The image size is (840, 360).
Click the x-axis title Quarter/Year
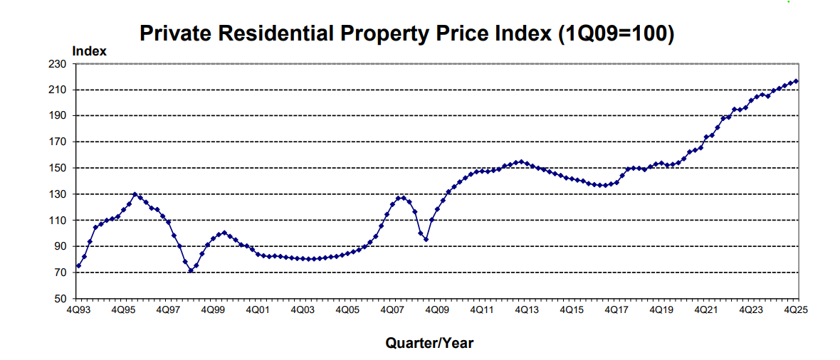[429, 343]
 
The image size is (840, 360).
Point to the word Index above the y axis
[89, 51]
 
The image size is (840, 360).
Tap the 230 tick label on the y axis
[58, 64]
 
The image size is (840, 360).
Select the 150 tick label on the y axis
[58, 168]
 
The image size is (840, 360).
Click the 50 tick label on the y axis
[60, 299]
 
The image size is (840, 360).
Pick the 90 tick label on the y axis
[60, 246]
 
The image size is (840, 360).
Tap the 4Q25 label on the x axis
[795, 310]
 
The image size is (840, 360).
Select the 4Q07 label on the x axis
[392, 310]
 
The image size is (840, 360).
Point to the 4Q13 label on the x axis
[526, 310]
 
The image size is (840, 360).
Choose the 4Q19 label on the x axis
[661, 310]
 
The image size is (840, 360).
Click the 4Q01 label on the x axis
[257, 310]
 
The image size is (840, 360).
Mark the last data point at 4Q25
[796, 81]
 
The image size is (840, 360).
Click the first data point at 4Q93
[78, 266]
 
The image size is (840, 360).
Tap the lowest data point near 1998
[191, 271]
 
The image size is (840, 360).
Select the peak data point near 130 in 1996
[135, 194]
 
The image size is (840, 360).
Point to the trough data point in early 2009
[426, 239]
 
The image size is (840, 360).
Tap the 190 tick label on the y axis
[58, 116]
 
